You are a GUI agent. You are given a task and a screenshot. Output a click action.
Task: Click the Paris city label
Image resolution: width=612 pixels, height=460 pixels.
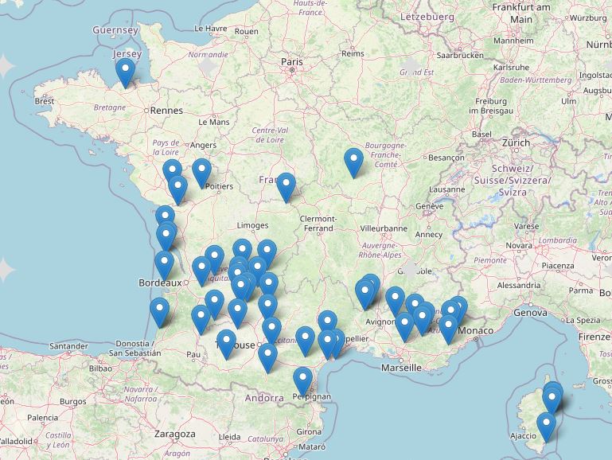tap(292, 61)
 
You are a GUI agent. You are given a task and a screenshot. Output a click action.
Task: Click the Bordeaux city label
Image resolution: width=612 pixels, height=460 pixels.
tap(157, 283)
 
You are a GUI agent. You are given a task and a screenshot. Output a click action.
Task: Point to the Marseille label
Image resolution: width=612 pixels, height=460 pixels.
tap(401, 368)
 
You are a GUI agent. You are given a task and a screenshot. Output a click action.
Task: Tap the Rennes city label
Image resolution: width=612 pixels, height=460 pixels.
tap(166, 111)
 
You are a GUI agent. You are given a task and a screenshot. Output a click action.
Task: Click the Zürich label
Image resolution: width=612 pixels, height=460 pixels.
tap(516, 142)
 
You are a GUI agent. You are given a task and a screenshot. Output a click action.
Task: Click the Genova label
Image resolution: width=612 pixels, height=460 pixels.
tap(531, 313)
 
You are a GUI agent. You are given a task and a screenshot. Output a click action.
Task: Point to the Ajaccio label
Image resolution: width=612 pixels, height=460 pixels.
tap(523, 435)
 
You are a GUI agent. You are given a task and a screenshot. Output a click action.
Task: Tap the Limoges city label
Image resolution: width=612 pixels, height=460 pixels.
tap(252, 226)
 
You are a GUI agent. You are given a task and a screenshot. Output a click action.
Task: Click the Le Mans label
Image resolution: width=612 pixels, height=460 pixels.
tap(214, 123)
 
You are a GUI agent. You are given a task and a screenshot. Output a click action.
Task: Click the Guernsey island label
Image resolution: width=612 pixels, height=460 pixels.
tap(115, 29)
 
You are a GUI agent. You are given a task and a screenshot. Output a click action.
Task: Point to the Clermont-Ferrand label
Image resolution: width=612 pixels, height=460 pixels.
tap(318, 223)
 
